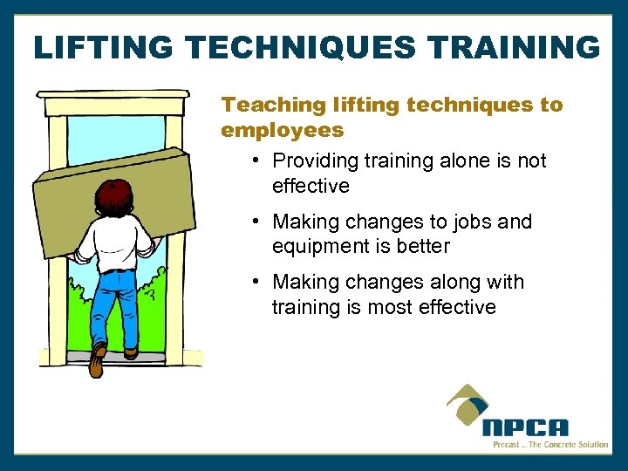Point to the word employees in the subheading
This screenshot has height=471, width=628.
(283, 131)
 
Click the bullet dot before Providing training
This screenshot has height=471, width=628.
(253, 160)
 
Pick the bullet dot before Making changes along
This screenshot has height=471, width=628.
(253, 282)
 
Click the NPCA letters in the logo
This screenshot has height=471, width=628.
(525, 428)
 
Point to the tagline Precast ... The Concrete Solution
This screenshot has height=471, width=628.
(550, 445)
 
